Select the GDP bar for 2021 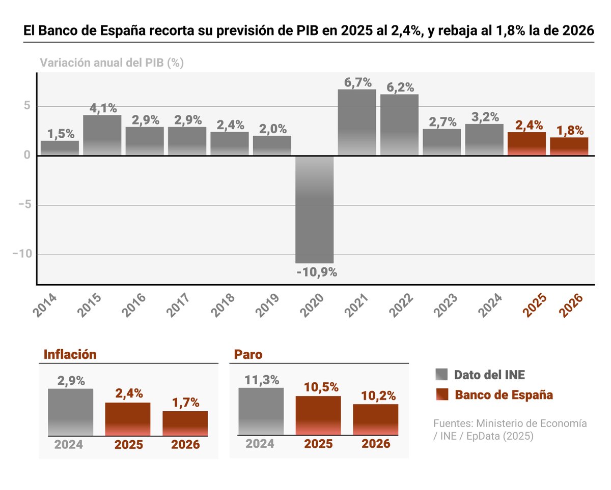click(x=357, y=122)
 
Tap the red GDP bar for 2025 click(x=526, y=144)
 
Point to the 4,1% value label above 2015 click(x=103, y=108)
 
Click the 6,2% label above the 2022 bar click(x=400, y=87)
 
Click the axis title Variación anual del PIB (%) click(x=112, y=63)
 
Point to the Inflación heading click(x=70, y=354)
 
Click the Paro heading click(x=248, y=354)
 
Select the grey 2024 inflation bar click(x=70, y=412)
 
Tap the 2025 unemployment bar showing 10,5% click(x=318, y=415)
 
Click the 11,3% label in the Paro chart click(x=261, y=380)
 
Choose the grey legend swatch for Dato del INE click(x=441, y=375)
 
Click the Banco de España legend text click(x=504, y=395)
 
